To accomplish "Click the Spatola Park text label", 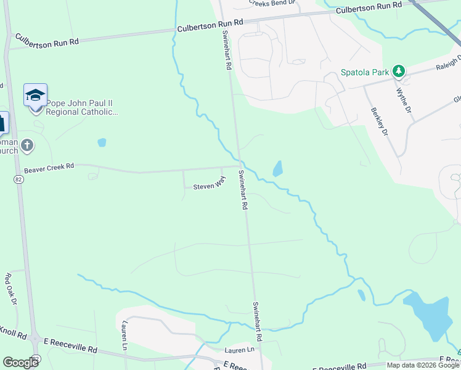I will pyautogui.click(x=365, y=72).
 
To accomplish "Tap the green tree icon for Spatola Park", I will pyautogui.click(x=399, y=72).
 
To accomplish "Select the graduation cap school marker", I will pyautogui.click(x=36, y=96).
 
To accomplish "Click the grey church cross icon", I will pyautogui.click(x=27, y=146).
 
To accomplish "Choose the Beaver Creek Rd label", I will pyautogui.click(x=49, y=167).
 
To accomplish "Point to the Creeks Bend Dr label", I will pyautogui.click(x=272, y=3).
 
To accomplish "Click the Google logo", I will pyautogui.click(x=20, y=363).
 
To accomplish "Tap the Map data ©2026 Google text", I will pyautogui.click(x=422, y=365).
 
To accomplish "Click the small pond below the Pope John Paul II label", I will pyautogui.click(x=102, y=142).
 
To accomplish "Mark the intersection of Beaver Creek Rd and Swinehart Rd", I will pyautogui.click(x=238, y=165).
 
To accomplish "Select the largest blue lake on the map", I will pyautogui.click(x=432, y=314).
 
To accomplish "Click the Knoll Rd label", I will pyautogui.click(x=13, y=335).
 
